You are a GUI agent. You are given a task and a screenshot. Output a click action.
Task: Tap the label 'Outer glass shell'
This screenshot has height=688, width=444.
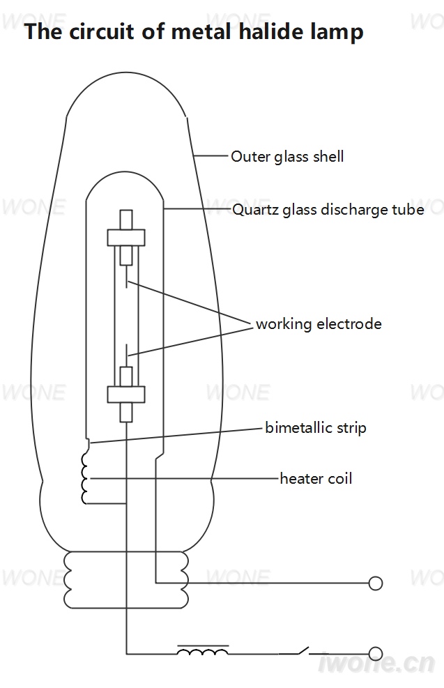click(287, 157)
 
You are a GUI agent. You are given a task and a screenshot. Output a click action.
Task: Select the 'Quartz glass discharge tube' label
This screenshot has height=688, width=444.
click(328, 209)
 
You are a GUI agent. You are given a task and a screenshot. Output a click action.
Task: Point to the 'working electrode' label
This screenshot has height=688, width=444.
click(319, 324)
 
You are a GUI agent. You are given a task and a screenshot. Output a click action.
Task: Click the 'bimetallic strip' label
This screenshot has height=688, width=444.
click(316, 427)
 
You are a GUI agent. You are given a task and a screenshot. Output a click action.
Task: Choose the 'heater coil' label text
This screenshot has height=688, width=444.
click(316, 478)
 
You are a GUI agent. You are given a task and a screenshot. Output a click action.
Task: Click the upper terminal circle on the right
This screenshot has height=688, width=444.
click(375, 583)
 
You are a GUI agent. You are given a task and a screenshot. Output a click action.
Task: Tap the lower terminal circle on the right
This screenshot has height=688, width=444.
click(375, 654)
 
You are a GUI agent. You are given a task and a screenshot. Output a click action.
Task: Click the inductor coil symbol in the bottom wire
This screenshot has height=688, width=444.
click(203, 650)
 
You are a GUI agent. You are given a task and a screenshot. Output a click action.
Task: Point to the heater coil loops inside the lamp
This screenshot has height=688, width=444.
click(84, 478)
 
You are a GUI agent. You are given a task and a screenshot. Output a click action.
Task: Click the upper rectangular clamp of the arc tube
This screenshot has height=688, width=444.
click(126, 238)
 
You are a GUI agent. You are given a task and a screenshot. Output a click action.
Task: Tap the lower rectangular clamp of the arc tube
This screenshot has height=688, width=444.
click(126, 394)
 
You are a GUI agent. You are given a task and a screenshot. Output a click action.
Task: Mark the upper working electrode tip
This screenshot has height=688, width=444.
click(126, 287)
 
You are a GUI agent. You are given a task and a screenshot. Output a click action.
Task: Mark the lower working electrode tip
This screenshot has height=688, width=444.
click(126, 345)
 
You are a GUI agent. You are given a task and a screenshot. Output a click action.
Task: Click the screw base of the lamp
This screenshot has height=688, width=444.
click(126, 580)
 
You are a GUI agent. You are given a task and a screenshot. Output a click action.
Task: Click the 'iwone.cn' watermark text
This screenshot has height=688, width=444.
click(376, 663)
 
